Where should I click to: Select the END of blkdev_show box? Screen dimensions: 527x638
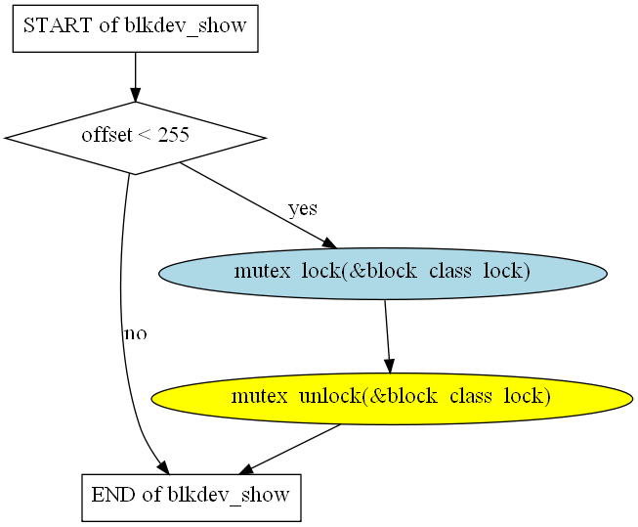pos(191,495)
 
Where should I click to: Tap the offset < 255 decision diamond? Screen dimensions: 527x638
pos(135,138)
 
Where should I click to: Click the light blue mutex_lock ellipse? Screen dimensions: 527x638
pos(382,272)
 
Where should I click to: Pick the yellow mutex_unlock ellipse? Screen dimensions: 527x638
pos(391,398)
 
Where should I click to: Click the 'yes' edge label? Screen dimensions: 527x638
pos(302,209)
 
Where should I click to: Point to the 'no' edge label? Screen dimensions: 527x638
pos(135,334)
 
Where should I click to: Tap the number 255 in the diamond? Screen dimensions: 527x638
pos(173,137)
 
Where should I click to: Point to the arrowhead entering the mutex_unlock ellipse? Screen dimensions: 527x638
pos(390,366)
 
